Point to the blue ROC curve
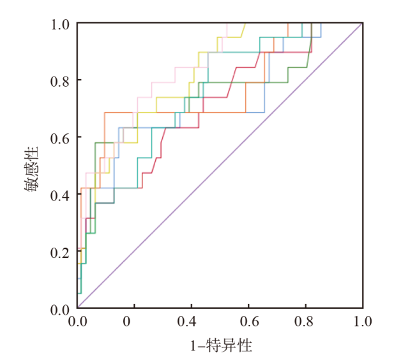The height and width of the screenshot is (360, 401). pyautogui.click(x=255, y=113)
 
